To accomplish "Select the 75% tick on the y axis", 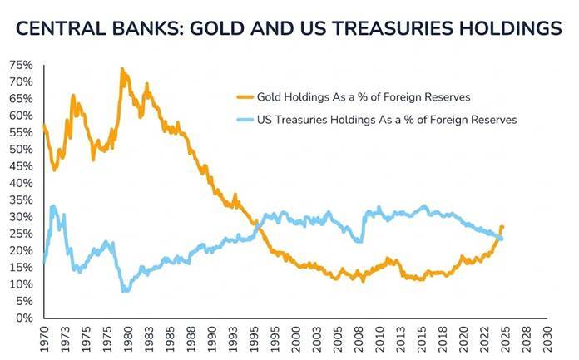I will pyautogui.click(x=22, y=65).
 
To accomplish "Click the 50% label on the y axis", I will pyautogui.click(x=22, y=150).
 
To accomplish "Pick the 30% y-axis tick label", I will pyautogui.click(x=22, y=217).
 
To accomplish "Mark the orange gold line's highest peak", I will pyautogui.click(x=122, y=69).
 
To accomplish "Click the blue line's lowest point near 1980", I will pyautogui.click(x=125, y=291).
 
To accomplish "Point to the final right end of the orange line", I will pyautogui.click(x=502, y=227).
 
